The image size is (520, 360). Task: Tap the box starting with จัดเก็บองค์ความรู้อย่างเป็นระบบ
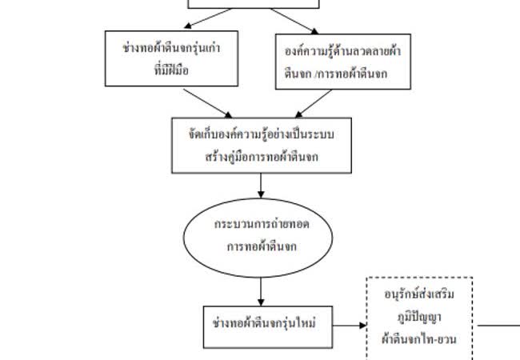(262, 145)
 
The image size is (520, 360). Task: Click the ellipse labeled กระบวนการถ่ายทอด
(261, 236)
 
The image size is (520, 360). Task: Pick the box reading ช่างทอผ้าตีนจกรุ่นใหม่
(266, 325)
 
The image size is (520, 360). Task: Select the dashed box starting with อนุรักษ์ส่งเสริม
(419, 320)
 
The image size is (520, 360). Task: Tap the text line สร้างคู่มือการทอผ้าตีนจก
(261, 157)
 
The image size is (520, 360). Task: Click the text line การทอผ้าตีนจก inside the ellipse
(261, 246)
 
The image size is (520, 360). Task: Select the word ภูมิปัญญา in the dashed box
(419, 316)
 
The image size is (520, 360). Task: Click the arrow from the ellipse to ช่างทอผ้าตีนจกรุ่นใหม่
(261, 290)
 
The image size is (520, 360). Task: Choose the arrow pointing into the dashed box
(349, 326)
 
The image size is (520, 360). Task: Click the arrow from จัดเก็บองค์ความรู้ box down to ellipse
(261, 185)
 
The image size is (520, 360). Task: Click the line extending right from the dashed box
(496, 326)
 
